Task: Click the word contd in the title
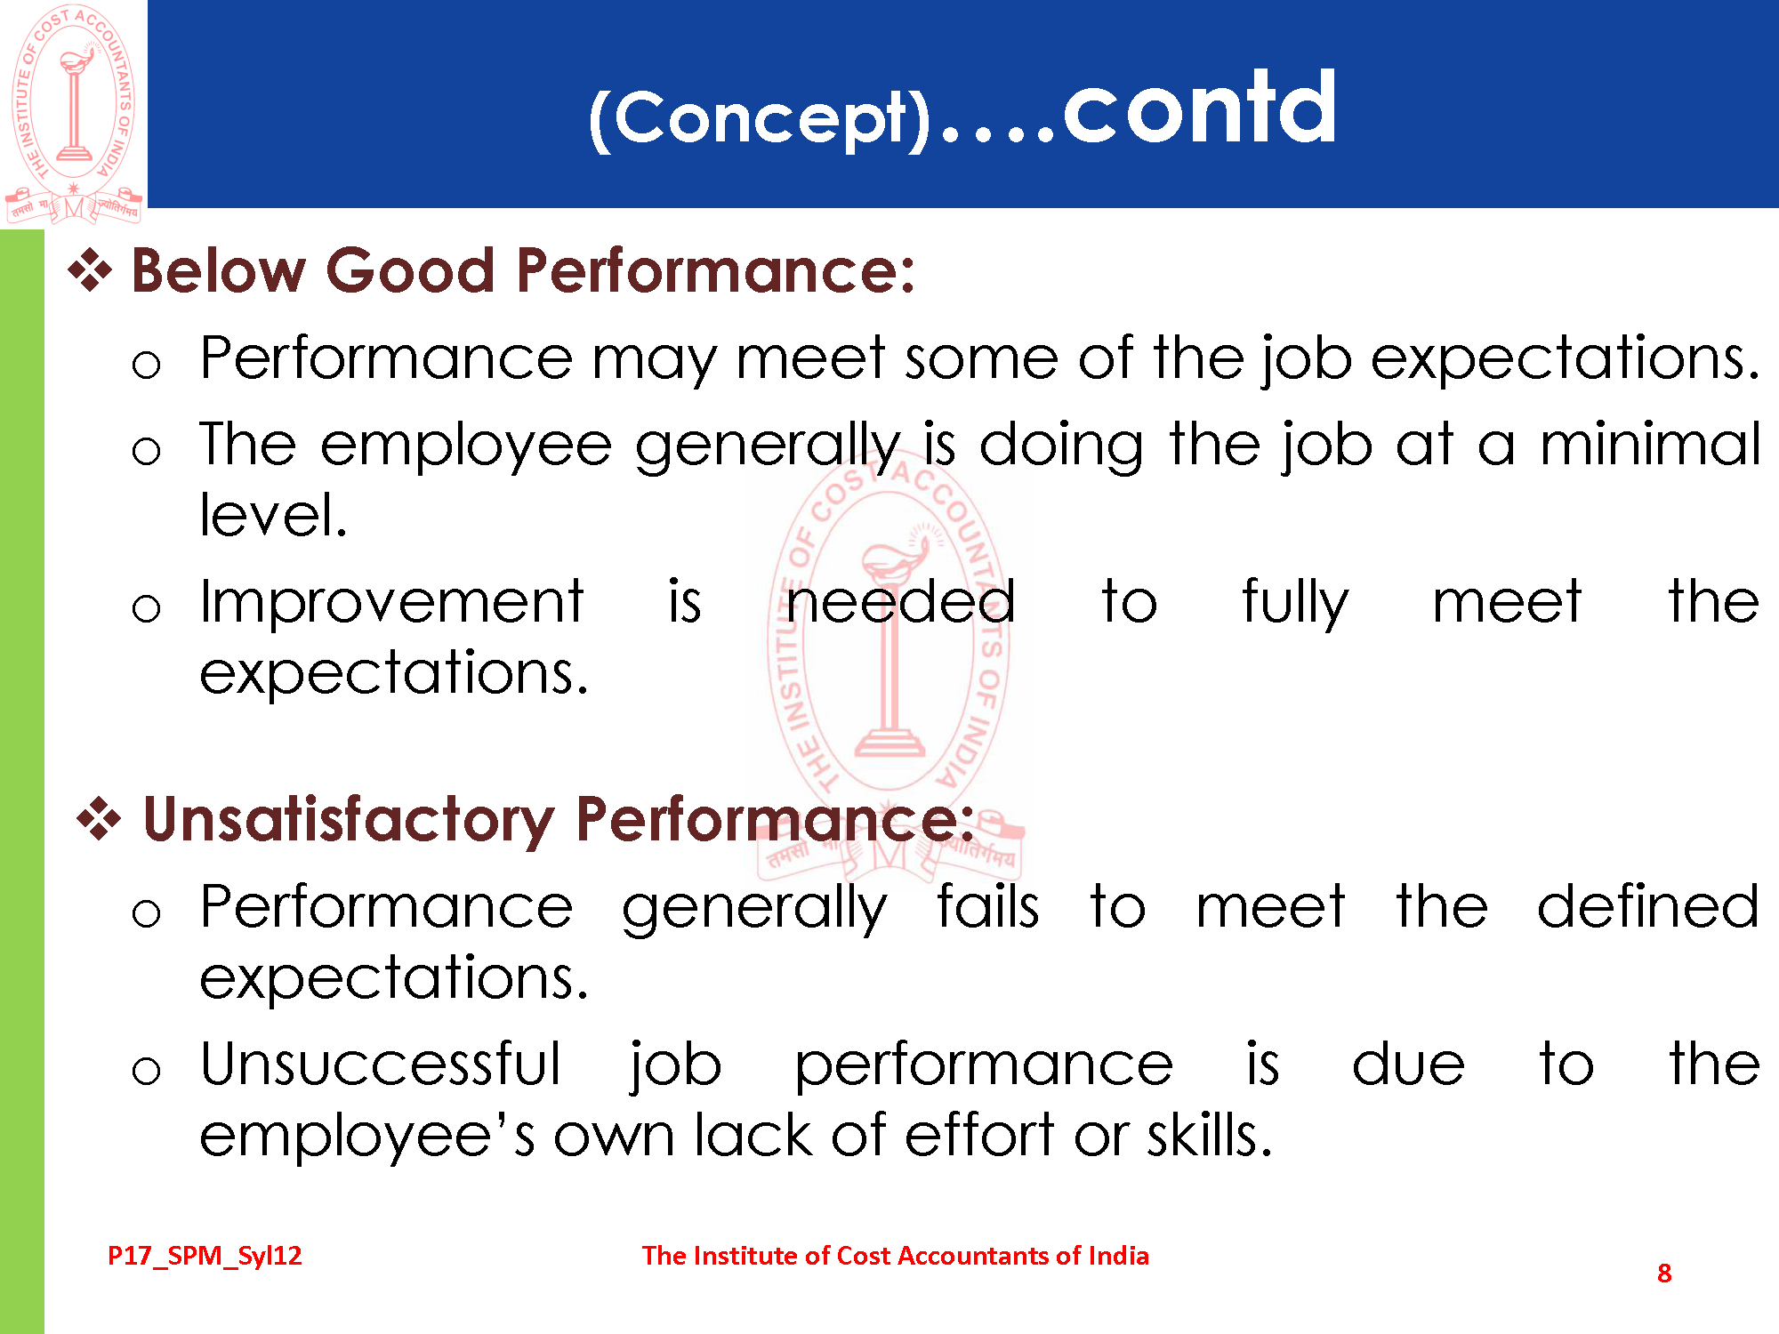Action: click(x=1200, y=108)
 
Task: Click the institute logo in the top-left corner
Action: click(x=74, y=114)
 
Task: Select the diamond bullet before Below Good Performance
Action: click(x=90, y=269)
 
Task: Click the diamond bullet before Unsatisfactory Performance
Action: click(x=99, y=818)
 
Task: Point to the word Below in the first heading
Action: click(x=219, y=269)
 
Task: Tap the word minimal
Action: click(x=1650, y=445)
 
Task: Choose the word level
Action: click(x=272, y=515)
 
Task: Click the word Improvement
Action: click(x=391, y=602)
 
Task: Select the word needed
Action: click(x=900, y=602)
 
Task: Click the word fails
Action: click(x=987, y=906)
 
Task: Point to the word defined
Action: click(x=1648, y=906)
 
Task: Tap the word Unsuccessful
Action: click(x=381, y=1064)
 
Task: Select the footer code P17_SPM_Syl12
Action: click(x=205, y=1256)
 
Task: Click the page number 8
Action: click(x=1664, y=1274)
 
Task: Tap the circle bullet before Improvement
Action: click(x=146, y=609)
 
